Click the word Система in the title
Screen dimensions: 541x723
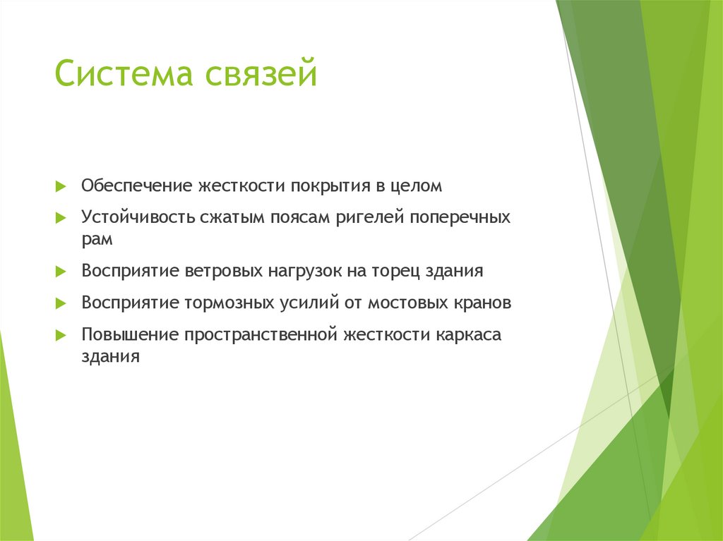coord(125,75)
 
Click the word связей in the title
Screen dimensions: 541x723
coord(261,75)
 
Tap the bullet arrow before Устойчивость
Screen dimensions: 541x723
coord(61,218)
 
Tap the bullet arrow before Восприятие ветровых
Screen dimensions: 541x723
coord(61,272)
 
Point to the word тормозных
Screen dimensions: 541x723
coord(229,303)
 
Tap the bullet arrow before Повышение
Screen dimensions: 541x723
coord(61,335)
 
